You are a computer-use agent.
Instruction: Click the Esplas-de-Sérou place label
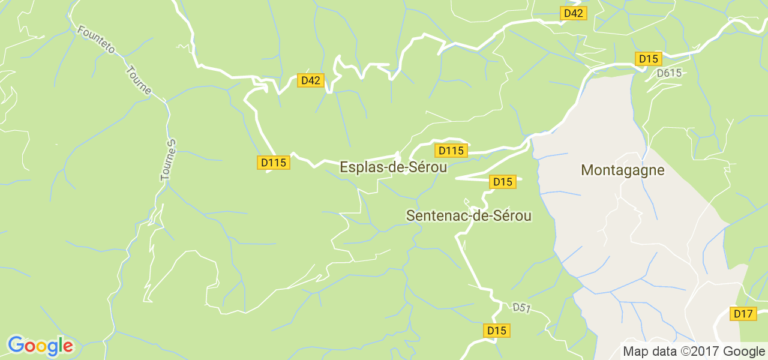(393, 167)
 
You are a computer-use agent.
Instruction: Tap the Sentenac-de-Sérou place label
(469, 215)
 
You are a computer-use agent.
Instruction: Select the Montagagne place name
(623, 170)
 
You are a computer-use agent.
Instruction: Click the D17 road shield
(743, 313)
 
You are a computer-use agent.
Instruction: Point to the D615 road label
(669, 73)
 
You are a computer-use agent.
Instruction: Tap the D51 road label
(522, 308)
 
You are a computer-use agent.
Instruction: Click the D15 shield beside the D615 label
(648, 59)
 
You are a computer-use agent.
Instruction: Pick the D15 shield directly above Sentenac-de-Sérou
(502, 182)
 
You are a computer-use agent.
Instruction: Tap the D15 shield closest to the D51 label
(496, 331)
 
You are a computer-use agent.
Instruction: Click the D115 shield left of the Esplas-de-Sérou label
(274, 162)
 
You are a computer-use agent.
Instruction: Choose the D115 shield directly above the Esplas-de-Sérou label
(451, 151)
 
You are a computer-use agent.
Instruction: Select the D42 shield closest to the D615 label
(573, 13)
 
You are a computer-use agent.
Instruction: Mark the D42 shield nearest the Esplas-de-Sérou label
(310, 80)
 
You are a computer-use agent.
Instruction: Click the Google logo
(40, 346)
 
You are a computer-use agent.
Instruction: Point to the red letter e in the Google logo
(67, 347)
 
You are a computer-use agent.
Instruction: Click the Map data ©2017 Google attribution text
(693, 352)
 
